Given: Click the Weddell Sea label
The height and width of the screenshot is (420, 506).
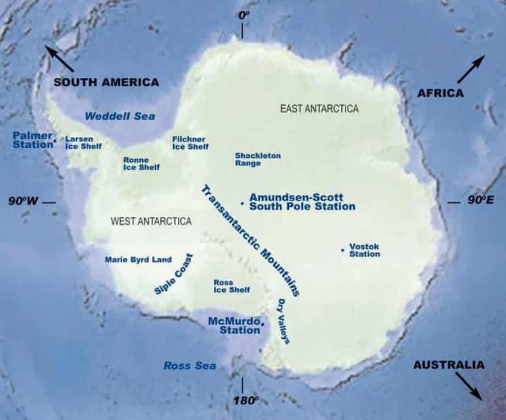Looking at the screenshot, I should (x=119, y=116).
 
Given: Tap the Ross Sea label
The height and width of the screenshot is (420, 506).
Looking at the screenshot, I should (x=189, y=366).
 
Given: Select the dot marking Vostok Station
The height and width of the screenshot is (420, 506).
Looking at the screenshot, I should (x=342, y=250).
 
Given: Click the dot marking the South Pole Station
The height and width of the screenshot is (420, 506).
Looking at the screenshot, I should (x=242, y=203).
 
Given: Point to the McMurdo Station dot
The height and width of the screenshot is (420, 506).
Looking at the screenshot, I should (x=263, y=324).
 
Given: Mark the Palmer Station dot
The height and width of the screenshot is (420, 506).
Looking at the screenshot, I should (x=55, y=140).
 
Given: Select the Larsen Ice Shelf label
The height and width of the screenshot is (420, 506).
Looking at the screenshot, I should (x=83, y=142).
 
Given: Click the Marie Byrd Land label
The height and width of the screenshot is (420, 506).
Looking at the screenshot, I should (x=138, y=260).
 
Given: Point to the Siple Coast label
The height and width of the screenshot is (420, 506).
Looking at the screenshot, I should (x=173, y=274).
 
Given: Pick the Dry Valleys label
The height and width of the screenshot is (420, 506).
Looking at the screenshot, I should (x=283, y=321).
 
